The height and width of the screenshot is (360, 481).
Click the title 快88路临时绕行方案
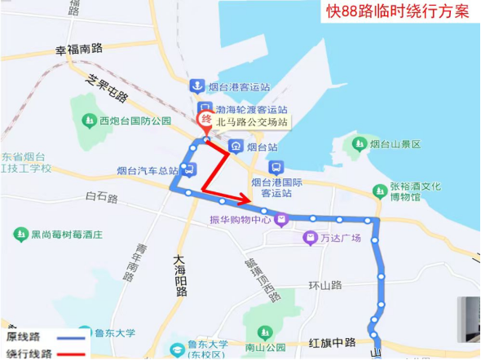tap(398, 11)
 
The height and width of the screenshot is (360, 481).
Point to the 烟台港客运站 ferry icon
tap(196, 86)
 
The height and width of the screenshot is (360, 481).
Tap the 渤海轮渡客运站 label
tap(252, 109)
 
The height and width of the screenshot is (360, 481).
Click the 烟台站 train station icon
tap(236, 147)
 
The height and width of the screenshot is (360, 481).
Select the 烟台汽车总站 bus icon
tap(188, 169)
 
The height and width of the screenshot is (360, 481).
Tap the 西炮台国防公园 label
tap(135, 121)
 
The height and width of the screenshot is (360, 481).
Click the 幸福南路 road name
tap(79, 50)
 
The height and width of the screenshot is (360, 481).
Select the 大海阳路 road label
tap(181, 275)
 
